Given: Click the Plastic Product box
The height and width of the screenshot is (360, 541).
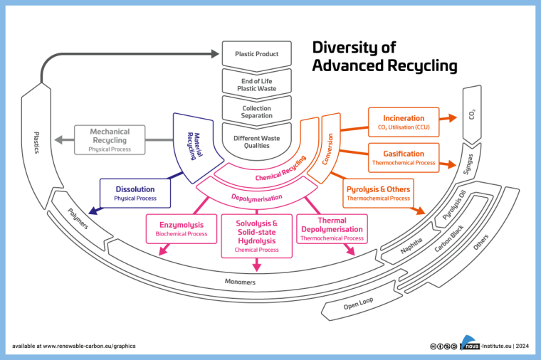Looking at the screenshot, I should pyautogui.click(x=256, y=54).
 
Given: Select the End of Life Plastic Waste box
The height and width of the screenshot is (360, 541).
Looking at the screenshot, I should pyautogui.click(x=256, y=83).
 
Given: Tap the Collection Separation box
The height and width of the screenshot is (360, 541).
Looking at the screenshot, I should pyautogui.click(x=256, y=112).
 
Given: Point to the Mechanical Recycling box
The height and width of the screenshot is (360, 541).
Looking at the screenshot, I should pyautogui.click(x=108, y=140).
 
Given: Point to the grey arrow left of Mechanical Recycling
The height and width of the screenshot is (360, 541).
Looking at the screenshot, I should pyautogui.click(x=65, y=140).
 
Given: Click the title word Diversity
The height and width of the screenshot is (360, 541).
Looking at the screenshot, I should pyautogui.click(x=350, y=48).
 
